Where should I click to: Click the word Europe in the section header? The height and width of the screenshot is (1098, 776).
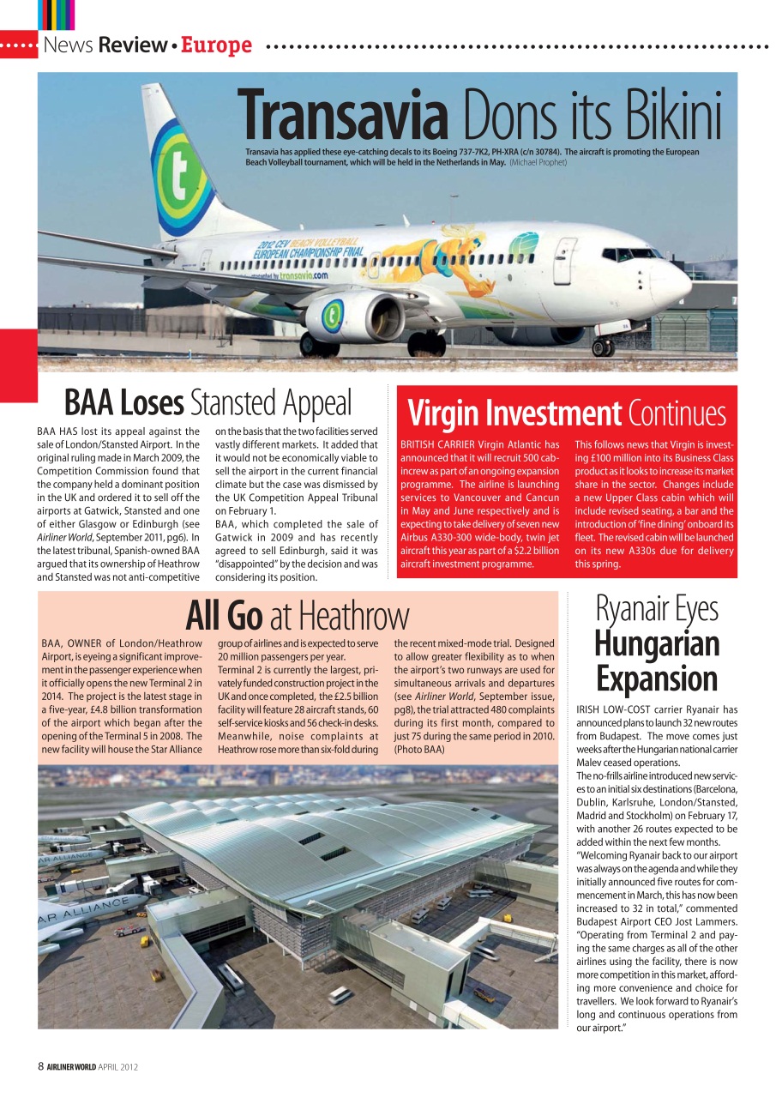216,45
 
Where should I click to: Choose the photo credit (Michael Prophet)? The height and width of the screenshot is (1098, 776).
538,161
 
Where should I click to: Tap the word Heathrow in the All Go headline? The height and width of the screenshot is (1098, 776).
354,616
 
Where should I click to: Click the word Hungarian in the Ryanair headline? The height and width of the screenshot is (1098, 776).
657,643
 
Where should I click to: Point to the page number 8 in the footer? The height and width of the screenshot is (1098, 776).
40,1067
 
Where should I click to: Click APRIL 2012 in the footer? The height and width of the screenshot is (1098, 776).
117,1067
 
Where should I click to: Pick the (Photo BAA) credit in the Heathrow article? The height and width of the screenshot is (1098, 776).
420,749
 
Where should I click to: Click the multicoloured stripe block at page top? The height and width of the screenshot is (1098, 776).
57,15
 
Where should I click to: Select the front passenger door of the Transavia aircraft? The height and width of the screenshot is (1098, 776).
563,261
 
